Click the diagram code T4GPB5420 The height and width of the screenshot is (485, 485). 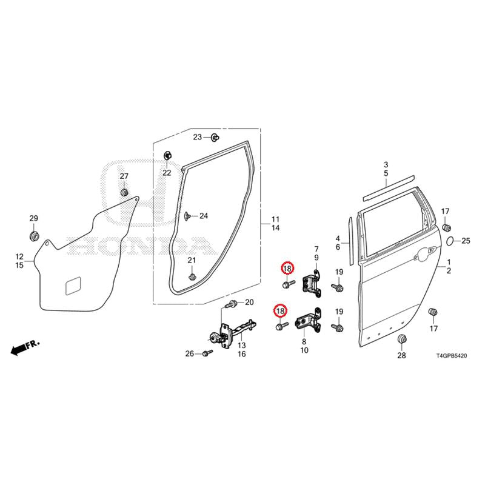pos(451,356)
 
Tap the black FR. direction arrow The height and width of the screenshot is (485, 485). pos(18,350)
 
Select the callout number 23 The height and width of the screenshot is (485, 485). pos(198,137)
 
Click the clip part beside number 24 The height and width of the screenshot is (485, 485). pos(187,216)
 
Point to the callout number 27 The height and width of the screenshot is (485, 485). pos(124,176)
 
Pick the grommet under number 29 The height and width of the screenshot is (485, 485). pos(34,236)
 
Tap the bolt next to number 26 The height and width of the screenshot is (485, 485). pos(207,353)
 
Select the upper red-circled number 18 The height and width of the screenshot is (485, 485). pos(287,269)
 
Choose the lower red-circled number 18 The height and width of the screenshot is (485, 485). pos(280,311)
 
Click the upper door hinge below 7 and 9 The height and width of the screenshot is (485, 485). pos(312,284)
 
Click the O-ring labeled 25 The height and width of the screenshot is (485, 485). pos(450,240)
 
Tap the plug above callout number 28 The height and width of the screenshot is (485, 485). pos(401,339)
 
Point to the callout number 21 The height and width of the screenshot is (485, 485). pos(192,260)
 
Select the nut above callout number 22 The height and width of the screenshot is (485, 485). pos(167,155)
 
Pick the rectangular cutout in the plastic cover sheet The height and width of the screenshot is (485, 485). pos(73,285)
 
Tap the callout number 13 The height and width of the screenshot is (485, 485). pos(241,345)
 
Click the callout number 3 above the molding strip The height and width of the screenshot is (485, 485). pos(386,164)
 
